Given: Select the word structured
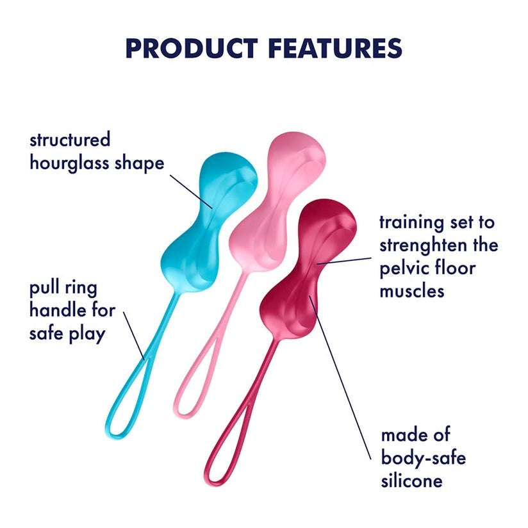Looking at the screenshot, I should pyautogui.click(x=70, y=139).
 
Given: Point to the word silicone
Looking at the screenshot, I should pyautogui.click(x=411, y=481).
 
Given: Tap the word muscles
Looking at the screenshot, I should pyautogui.click(x=411, y=290).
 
